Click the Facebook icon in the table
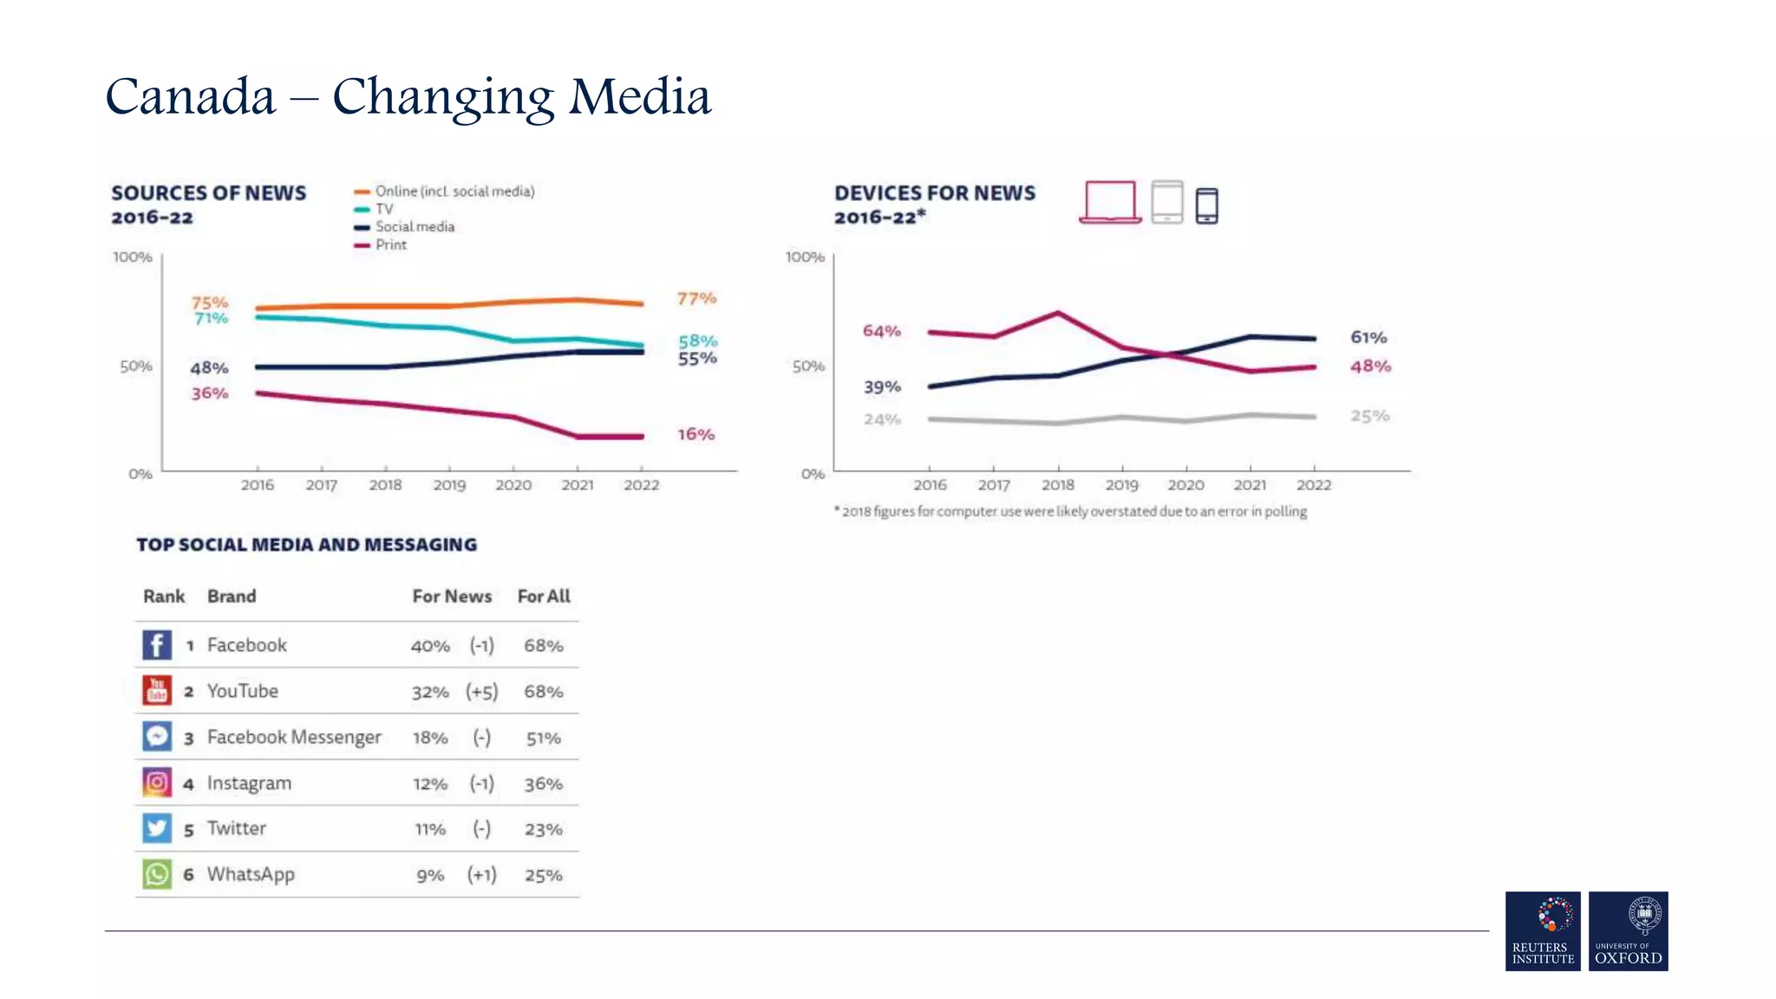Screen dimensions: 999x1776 pos(156,644)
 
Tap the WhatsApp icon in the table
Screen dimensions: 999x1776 pos(156,874)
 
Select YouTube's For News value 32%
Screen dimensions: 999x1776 pos(430,692)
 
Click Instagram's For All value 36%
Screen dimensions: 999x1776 pos(544,784)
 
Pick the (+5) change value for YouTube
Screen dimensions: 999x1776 pos(482,692)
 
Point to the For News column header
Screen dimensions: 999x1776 pos(452,597)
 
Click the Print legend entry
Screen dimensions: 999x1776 pos(390,245)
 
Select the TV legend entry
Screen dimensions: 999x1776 pos(383,209)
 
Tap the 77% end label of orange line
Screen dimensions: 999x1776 pos(696,299)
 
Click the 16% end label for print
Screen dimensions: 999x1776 pos(696,434)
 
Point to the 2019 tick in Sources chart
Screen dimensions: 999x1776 pos(449,485)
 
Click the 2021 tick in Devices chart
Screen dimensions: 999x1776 pos(1250,485)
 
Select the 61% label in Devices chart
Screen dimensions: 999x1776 pos(1368,337)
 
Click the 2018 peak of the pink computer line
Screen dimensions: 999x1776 pos(1058,313)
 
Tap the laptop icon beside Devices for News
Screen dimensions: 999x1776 pos(1110,202)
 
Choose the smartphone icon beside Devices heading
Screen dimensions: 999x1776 pos(1206,206)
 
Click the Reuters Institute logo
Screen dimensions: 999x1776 pos(1543,930)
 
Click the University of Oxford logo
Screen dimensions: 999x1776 pos(1628,930)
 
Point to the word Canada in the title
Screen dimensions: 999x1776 pos(190,97)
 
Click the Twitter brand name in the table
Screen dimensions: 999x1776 pos(236,829)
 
